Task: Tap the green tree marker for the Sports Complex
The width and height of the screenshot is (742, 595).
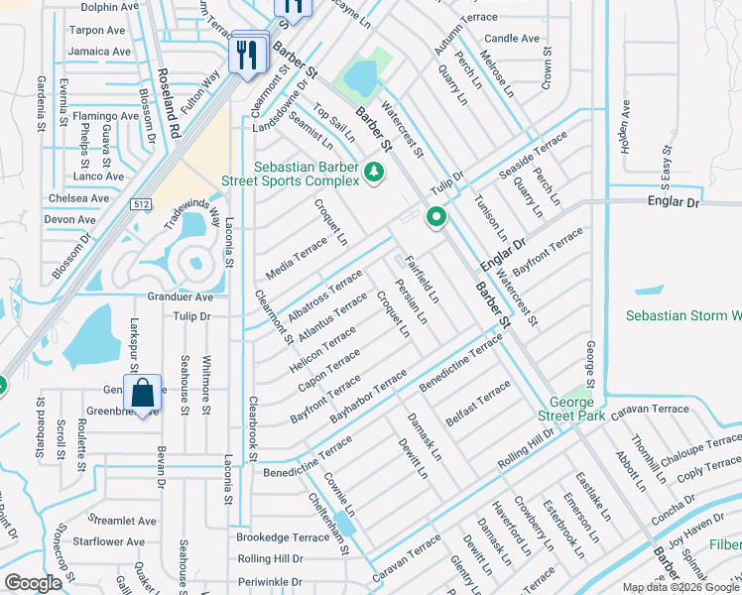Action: pyautogui.click(x=374, y=174)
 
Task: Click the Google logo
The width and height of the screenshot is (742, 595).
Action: pyautogui.click(x=33, y=583)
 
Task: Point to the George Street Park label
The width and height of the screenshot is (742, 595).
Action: pyautogui.click(x=572, y=410)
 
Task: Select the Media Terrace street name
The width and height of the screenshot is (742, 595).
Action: pyautogui.click(x=296, y=259)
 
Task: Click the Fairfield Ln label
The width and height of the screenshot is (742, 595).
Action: pyautogui.click(x=421, y=280)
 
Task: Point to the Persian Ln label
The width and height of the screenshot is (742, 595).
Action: pyautogui.click(x=410, y=302)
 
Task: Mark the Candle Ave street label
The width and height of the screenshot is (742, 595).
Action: pyautogui.click(x=512, y=39)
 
